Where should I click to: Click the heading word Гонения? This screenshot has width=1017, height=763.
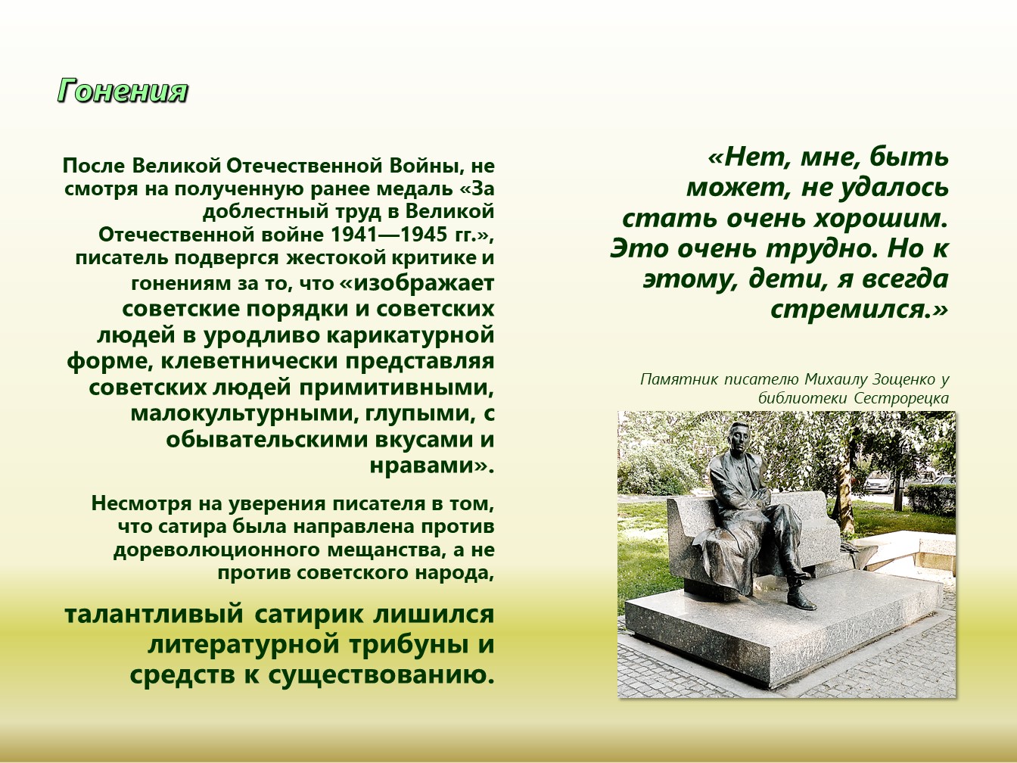(x=123, y=90)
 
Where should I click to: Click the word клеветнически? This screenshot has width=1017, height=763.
(x=249, y=361)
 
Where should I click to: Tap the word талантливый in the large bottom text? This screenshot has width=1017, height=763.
(x=154, y=615)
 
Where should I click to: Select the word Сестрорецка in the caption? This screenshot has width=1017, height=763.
(x=901, y=398)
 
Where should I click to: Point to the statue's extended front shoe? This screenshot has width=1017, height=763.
(x=801, y=600)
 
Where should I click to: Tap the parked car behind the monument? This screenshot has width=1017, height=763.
(x=878, y=483)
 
